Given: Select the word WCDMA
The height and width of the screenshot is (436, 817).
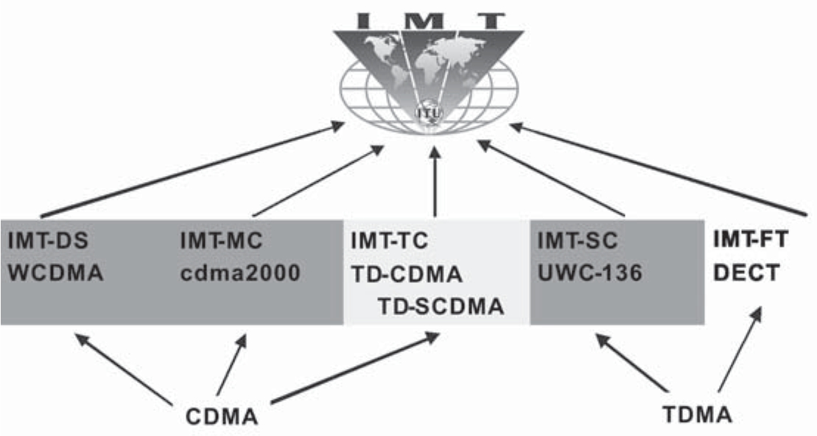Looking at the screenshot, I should click(55, 274).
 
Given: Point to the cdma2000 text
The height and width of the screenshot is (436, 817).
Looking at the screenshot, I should click(241, 274).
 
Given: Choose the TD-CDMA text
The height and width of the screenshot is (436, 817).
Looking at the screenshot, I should click(406, 274).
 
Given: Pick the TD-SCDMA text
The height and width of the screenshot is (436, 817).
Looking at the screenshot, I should click(441, 306).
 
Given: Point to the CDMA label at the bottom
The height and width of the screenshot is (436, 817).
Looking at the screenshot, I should click(221, 417).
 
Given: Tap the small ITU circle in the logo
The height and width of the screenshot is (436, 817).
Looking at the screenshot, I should click(426, 113).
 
